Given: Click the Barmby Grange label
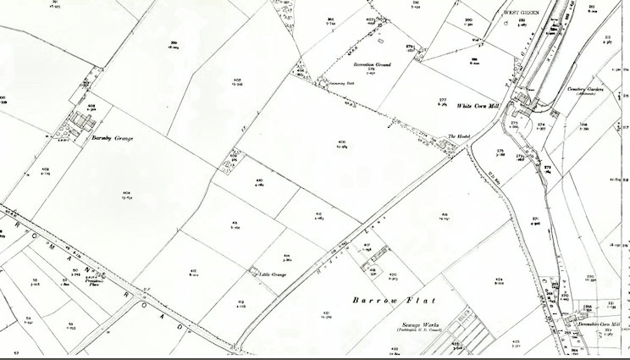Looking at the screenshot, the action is pos(112,137).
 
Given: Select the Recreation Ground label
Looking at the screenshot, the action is pos(373,64).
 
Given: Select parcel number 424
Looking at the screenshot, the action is pos(500,277).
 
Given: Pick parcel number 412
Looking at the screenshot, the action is pos(195,271).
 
